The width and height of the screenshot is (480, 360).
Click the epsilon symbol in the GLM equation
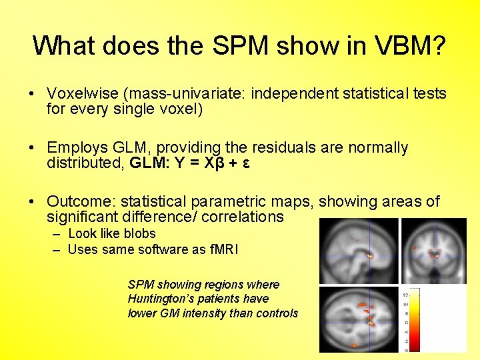246,163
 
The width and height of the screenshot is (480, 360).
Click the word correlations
242,217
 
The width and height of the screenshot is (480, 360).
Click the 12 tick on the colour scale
405,294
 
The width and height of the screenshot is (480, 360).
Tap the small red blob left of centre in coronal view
415,248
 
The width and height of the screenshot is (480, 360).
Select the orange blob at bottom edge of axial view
354,345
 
